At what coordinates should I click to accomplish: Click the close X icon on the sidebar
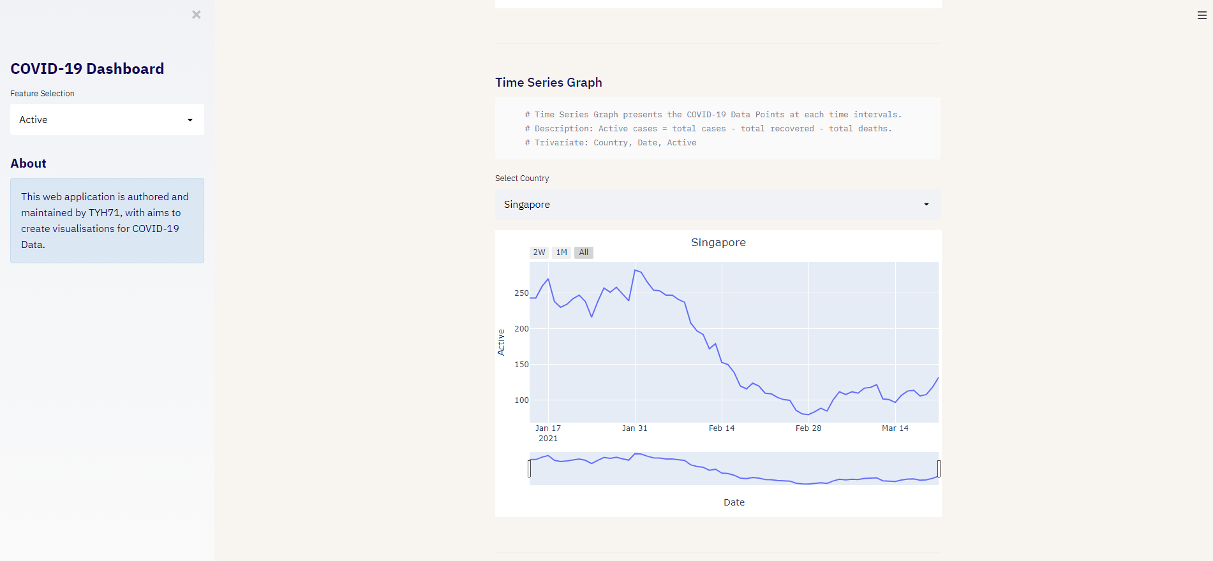(x=197, y=15)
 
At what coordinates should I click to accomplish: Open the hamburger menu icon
(x=1202, y=15)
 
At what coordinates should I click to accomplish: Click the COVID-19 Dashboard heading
(x=87, y=69)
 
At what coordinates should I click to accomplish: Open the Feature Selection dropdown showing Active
(x=107, y=120)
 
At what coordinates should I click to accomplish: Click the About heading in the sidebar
(x=29, y=164)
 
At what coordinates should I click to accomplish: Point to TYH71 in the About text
(x=104, y=213)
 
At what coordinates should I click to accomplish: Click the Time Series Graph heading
(x=549, y=83)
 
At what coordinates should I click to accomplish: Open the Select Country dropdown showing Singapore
(x=717, y=205)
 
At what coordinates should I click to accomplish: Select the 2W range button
(x=539, y=252)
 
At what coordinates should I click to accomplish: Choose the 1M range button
(x=562, y=252)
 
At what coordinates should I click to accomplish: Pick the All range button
(x=584, y=252)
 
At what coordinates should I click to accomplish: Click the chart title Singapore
(x=718, y=242)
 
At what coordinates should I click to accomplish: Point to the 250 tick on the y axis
(x=521, y=293)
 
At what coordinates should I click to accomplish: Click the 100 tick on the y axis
(x=521, y=400)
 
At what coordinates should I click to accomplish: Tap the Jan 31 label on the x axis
(x=634, y=428)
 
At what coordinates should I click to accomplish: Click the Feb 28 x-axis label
(x=808, y=428)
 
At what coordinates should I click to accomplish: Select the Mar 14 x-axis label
(x=895, y=428)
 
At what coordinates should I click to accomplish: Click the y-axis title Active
(x=501, y=342)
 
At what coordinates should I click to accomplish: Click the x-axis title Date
(x=734, y=502)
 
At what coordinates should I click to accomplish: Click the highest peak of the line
(x=635, y=270)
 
